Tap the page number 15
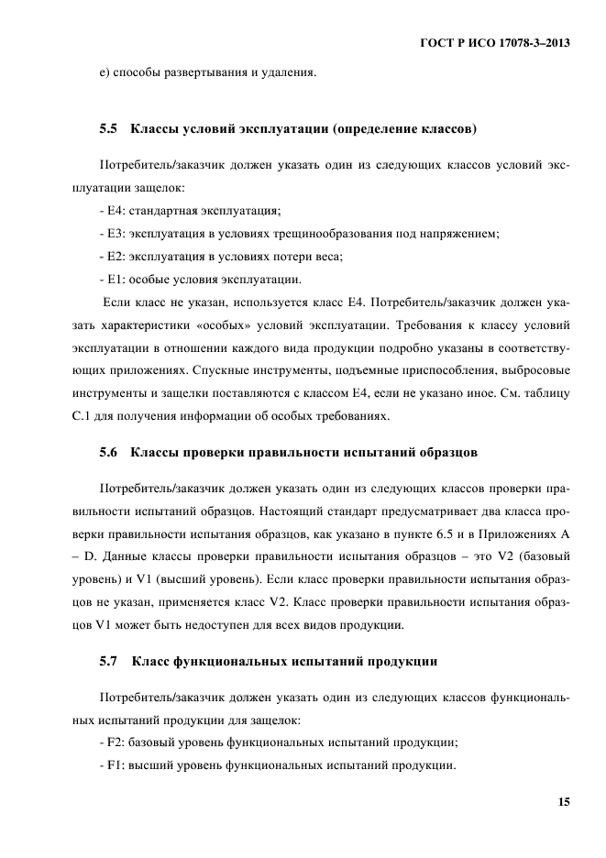pyautogui.click(x=563, y=802)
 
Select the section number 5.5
pyautogui.click(x=108, y=130)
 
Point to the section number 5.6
pyautogui.click(x=108, y=452)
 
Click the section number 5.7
pyautogui.click(x=108, y=660)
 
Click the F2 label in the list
pyautogui.click(x=113, y=742)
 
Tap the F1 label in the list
pyautogui.click(x=113, y=765)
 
